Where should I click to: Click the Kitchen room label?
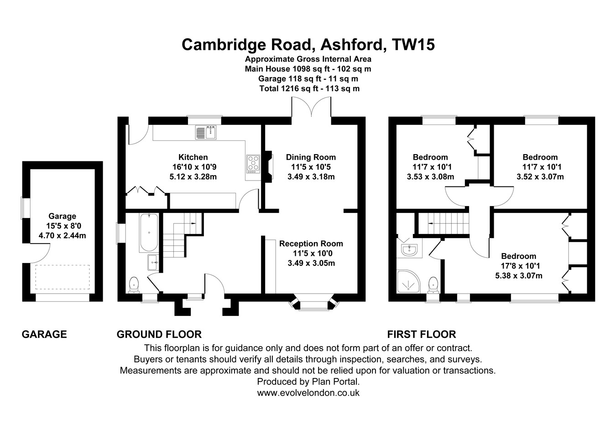[x=193, y=157]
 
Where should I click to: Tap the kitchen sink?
[x=206, y=132]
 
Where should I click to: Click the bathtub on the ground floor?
[x=149, y=232]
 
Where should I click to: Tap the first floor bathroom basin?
[x=410, y=249]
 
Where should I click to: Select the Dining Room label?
[x=311, y=157]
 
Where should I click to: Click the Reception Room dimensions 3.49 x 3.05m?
[x=311, y=263]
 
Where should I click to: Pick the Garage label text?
[x=63, y=216]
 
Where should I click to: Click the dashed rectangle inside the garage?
[x=63, y=277]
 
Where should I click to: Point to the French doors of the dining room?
[x=312, y=109]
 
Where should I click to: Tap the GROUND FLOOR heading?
[x=159, y=334]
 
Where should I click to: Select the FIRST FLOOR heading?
[x=421, y=334]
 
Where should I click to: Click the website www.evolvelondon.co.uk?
[x=308, y=393]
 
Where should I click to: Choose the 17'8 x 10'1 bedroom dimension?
[x=518, y=266]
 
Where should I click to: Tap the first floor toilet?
[x=433, y=285]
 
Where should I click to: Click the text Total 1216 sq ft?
[x=289, y=88]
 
